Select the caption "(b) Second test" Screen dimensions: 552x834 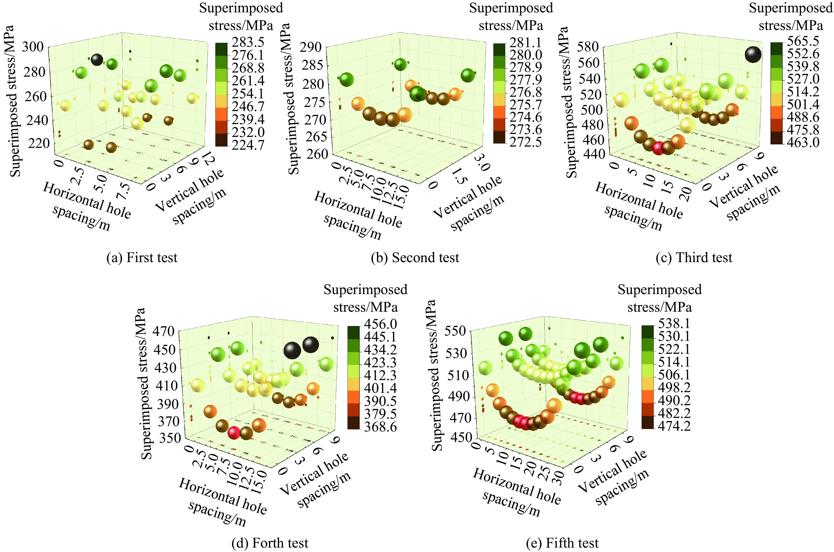tap(415, 258)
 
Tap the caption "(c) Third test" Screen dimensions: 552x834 tap(693, 258)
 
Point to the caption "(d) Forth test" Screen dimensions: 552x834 tap(270, 543)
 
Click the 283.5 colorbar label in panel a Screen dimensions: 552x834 tap(248, 42)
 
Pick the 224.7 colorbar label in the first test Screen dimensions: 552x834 tap(248, 145)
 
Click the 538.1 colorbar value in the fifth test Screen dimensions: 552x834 tap(674, 323)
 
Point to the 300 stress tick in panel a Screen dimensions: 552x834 tap(33, 47)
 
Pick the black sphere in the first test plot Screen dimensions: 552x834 tap(97, 60)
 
